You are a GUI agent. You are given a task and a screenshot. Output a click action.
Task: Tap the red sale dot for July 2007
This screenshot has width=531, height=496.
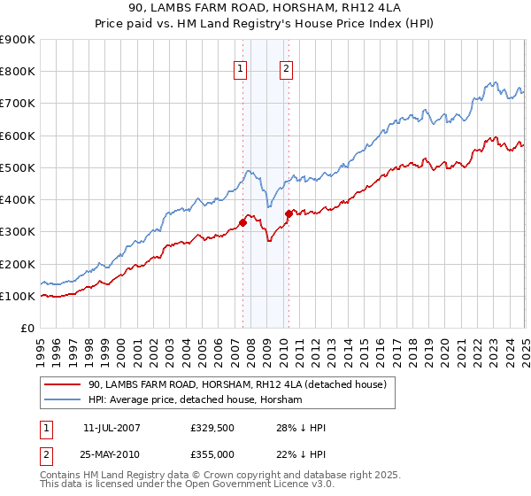[242, 222]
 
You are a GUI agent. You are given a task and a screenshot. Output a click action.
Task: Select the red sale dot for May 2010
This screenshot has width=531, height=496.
[289, 213]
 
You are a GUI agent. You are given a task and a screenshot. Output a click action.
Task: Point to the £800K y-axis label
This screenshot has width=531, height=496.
[18, 72]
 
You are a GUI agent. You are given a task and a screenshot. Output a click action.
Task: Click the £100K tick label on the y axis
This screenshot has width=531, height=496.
[18, 296]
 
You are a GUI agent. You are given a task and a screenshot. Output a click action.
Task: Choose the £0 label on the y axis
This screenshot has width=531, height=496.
[27, 329]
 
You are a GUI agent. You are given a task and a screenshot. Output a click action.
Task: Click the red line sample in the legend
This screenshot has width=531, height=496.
[62, 385]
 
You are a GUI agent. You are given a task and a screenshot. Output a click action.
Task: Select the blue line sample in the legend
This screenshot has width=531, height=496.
[62, 400]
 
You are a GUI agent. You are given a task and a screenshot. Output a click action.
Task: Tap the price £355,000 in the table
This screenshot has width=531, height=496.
[212, 454]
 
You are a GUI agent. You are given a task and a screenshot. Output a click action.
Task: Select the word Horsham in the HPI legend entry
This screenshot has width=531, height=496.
[283, 400]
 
